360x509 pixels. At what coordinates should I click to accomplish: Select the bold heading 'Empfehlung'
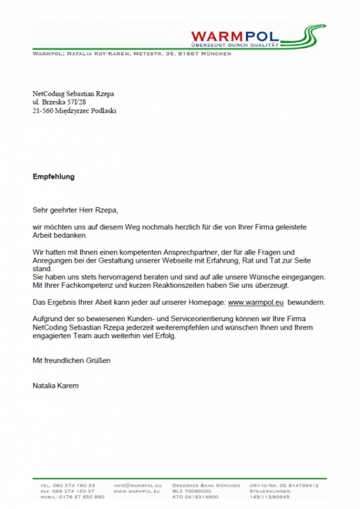[x=53, y=178]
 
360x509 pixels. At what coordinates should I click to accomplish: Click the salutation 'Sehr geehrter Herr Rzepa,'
[x=76, y=210]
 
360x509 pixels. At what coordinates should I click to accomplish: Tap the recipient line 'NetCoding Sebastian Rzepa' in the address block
[x=73, y=94]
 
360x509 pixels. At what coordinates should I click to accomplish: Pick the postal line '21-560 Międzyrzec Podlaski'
[x=74, y=111]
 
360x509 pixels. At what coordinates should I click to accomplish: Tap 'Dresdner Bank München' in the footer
[x=205, y=485]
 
